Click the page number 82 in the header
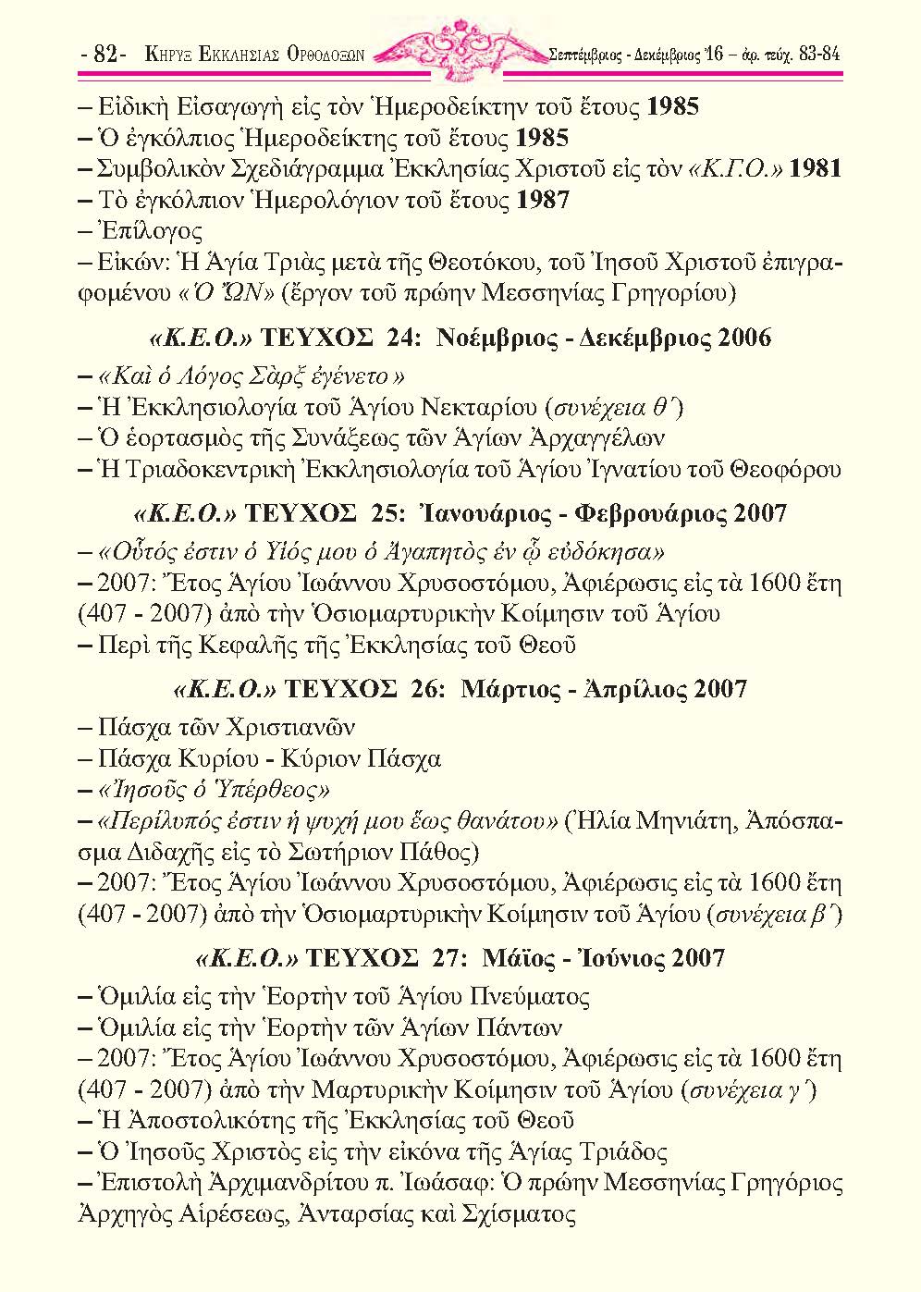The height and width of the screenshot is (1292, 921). pyautogui.click(x=104, y=55)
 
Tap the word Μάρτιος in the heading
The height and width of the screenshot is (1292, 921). pyautogui.click(x=507, y=689)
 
